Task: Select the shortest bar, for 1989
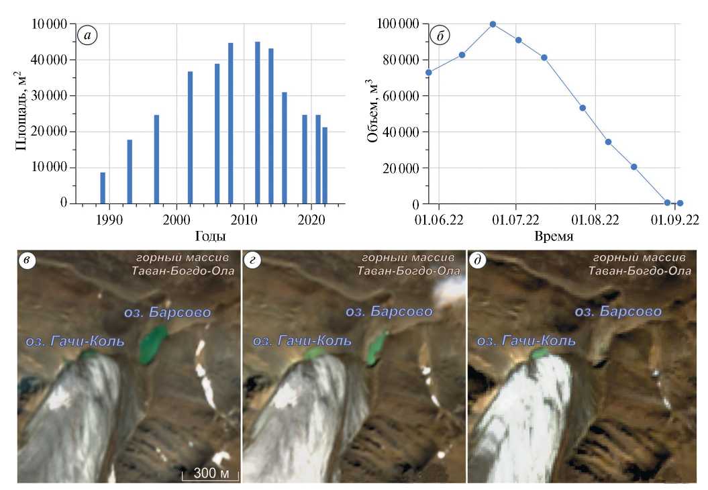pos(103,187)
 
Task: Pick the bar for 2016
pos(285,148)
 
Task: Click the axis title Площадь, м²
pos(21,114)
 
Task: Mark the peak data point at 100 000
pos(493,24)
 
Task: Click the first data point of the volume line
pos(429,72)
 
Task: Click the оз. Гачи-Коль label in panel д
pos(526,340)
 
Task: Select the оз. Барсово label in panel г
pos(389,312)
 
